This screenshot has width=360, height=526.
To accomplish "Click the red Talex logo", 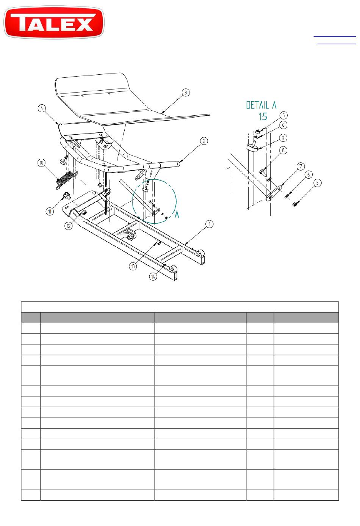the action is [x=54, y=22].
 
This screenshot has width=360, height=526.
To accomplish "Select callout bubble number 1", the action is [x=210, y=224].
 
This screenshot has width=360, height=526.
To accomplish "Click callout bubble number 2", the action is [x=204, y=141].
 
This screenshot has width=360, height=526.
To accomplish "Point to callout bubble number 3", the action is [x=186, y=92].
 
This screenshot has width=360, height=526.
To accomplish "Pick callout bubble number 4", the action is [x=42, y=108].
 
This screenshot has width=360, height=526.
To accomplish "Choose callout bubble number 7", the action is [x=301, y=166].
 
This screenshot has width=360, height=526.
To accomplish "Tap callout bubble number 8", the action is [x=283, y=150].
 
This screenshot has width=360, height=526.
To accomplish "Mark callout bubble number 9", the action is [x=283, y=138].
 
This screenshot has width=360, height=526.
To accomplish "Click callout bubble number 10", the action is [x=42, y=163].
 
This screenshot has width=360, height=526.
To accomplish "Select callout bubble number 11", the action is [x=50, y=211].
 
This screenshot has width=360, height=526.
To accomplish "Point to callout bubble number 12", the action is [x=69, y=226].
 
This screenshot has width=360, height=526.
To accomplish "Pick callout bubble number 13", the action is [x=133, y=266].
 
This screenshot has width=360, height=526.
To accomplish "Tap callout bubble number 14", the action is [x=153, y=276].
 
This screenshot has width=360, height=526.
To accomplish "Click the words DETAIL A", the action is [x=261, y=105].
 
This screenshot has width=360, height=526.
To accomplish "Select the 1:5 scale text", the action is [x=263, y=116].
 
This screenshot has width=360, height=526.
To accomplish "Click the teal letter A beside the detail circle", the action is [x=177, y=214].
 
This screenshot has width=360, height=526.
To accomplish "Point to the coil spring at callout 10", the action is [x=65, y=180].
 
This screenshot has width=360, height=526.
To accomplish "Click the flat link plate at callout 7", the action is [x=273, y=193].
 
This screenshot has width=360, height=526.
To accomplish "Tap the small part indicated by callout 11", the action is [x=66, y=195].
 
